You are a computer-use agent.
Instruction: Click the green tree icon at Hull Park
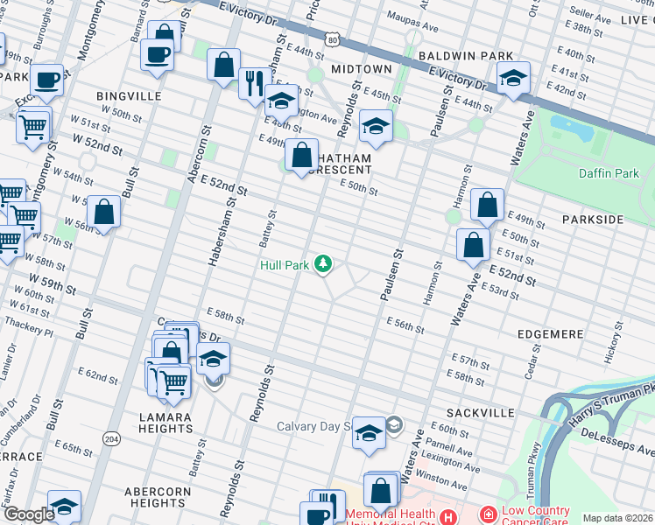[324, 263]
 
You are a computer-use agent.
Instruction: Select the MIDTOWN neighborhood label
[362, 68]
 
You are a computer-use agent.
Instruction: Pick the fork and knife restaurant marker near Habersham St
[254, 84]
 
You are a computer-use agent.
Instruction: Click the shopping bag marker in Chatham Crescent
[301, 156]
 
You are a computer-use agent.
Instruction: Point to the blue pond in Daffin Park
[573, 129]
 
